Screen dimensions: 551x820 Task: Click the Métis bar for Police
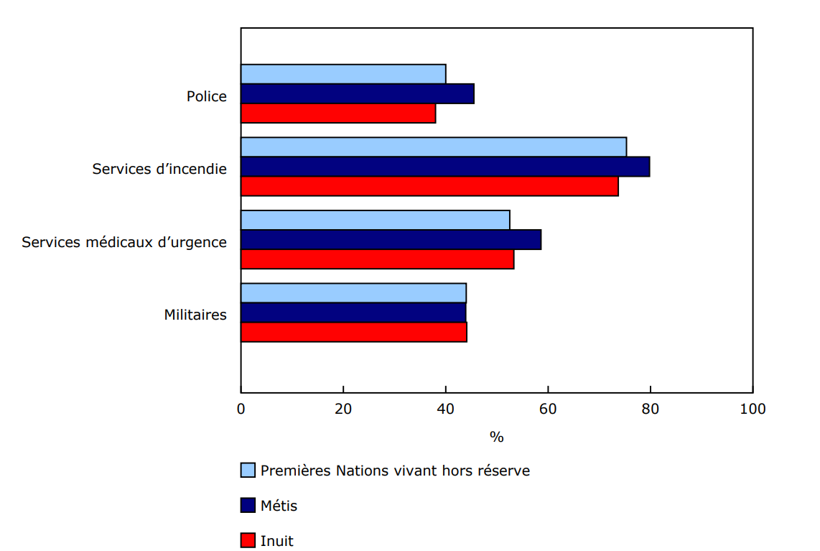[357, 94]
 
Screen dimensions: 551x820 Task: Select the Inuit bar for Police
[338, 114]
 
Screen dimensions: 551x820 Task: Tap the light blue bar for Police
[343, 74]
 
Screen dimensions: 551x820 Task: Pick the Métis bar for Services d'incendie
[445, 167]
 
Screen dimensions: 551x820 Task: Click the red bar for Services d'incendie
[429, 186]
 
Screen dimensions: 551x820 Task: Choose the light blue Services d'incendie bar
[434, 147]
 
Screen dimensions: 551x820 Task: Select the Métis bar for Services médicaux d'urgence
[391, 240]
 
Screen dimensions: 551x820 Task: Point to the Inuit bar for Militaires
[353, 332]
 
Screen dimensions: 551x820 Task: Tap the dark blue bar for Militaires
[353, 312]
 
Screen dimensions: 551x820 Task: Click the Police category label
[207, 96]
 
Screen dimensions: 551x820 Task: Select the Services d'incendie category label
[159, 170]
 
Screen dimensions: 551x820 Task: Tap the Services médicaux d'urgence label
[124, 242]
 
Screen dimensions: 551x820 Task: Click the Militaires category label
[195, 315]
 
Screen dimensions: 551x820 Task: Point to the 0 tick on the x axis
[241, 409]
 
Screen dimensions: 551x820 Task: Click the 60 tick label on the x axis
[548, 409]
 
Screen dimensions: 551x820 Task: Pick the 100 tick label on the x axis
[753, 409]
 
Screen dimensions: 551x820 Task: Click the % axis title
[496, 437]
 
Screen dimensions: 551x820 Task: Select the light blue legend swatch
[248, 471]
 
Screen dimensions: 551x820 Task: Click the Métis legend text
[279, 506]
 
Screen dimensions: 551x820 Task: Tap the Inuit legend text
[276, 541]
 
